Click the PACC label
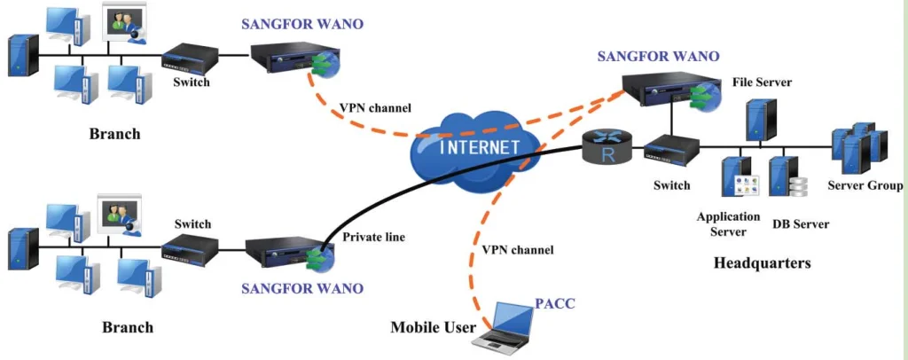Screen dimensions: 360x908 [555, 304]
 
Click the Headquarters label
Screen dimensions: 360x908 [762, 263]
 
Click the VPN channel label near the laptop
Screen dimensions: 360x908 [518, 250]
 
